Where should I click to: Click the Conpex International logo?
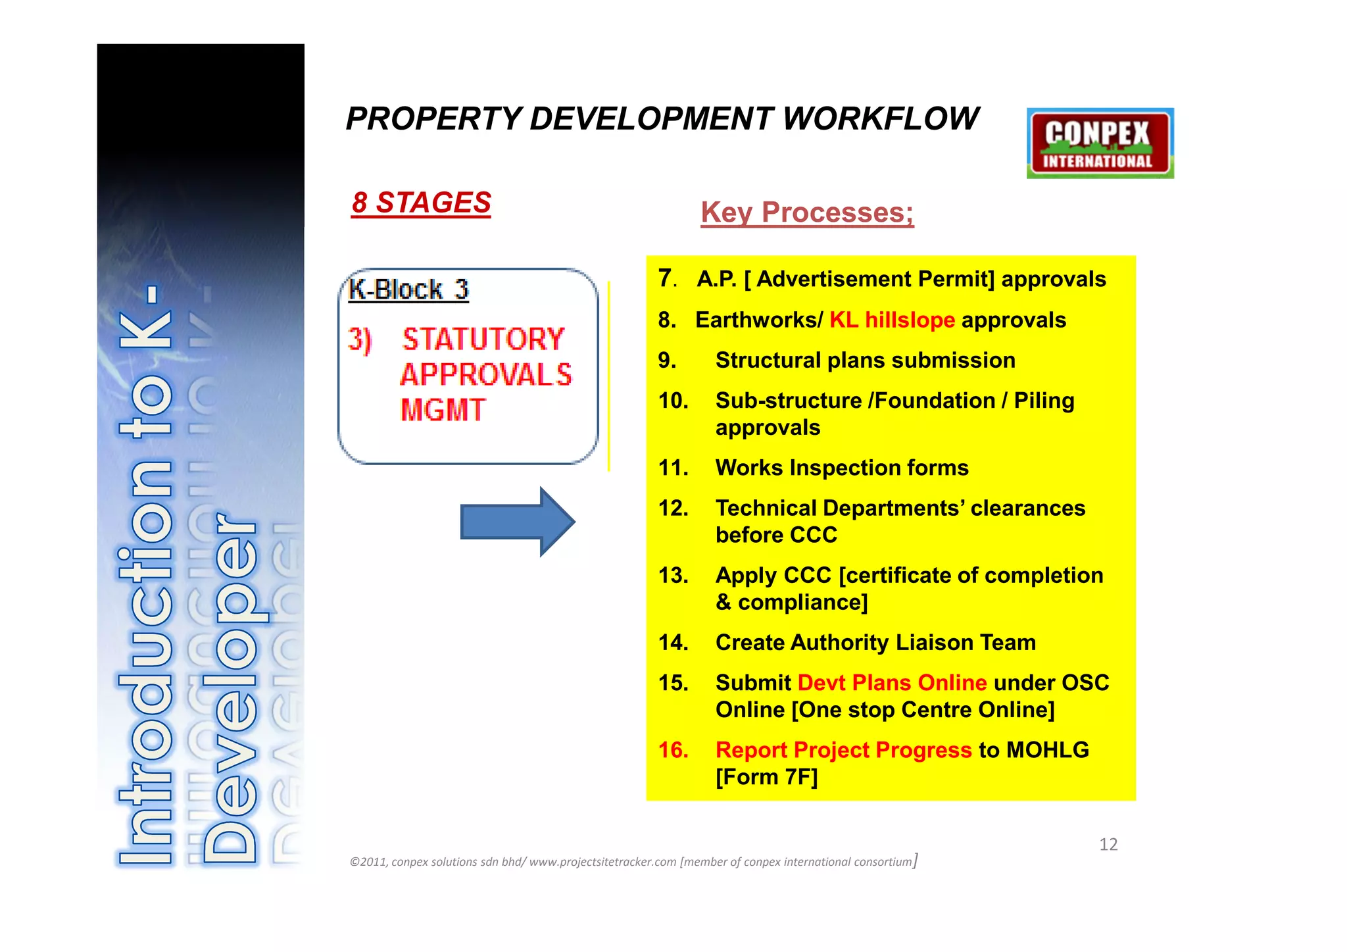click(x=1100, y=143)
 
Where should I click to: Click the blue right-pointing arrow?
click(x=517, y=522)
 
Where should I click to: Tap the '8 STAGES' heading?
click(x=421, y=203)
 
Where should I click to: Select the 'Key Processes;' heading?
click(x=807, y=213)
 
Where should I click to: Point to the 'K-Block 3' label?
click(x=408, y=289)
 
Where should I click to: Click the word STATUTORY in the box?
click(x=483, y=339)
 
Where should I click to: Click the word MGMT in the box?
click(x=443, y=410)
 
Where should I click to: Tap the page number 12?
click(x=1108, y=845)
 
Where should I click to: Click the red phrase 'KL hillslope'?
click(x=892, y=320)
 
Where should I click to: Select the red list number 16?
click(x=673, y=750)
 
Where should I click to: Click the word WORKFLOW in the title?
click(x=881, y=119)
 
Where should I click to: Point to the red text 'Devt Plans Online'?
click(x=892, y=683)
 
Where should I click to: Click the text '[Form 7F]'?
click(x=766, y=777)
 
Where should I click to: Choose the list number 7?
click(x=666, y=278)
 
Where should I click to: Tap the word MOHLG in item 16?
click(x=1047, y=750)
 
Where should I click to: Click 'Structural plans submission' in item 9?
click(x=865, y=361)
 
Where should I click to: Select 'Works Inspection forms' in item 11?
click(x=842, y=468)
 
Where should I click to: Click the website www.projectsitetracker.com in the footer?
click(x=602, y=862)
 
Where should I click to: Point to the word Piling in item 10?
click(x=1044, y=401)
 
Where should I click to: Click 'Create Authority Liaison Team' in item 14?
click(x=875, y=643)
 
